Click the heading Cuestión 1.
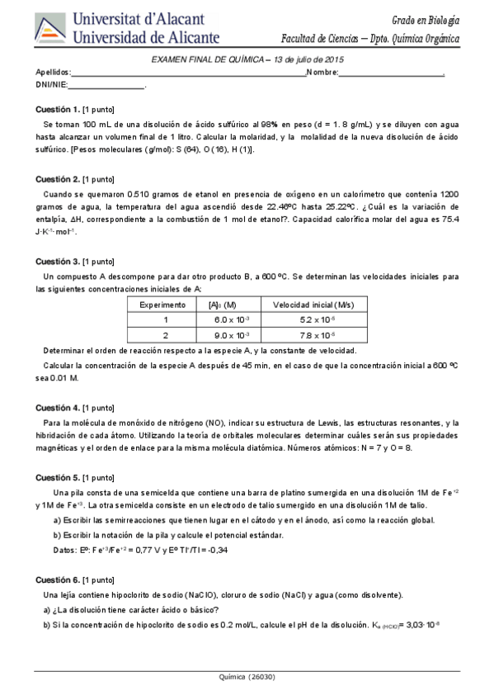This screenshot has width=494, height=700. coord(58,109)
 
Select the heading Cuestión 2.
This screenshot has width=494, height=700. coord(58,179)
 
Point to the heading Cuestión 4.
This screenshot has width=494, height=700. coord(58,408)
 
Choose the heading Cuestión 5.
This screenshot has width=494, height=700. coord(58,477)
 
